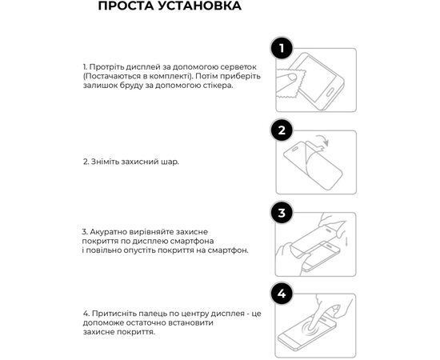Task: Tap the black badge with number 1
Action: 280,50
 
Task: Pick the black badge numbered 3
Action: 280,213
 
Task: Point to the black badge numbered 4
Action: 280,294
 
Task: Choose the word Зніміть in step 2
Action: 104,161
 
